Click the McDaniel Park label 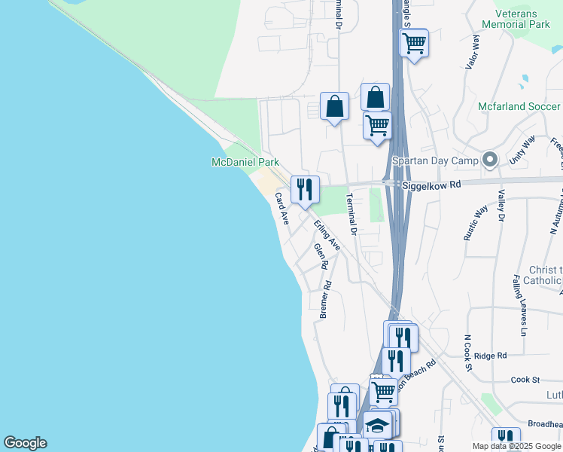245,162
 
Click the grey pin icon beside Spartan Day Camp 491,160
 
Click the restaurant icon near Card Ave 305,189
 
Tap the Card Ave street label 281,209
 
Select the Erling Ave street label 327,234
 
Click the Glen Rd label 321,256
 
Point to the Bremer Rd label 325,299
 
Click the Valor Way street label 472,52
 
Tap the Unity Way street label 522,151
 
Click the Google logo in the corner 25,443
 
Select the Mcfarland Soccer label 519,106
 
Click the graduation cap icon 376,426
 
